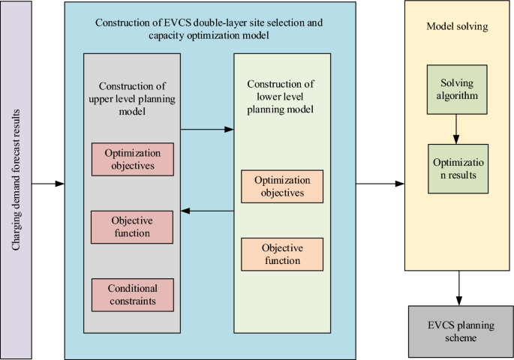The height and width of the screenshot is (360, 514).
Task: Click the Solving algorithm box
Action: tap(457, 91)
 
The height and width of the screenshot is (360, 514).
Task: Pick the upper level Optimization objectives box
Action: tap(131, 158)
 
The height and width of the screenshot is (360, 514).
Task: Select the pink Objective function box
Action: tap(131, 227)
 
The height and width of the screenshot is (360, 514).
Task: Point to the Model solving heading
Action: tap(456, 26)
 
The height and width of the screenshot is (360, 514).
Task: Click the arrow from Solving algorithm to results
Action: tap(457, 129)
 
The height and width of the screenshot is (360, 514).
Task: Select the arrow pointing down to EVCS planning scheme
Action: tap(457, 287)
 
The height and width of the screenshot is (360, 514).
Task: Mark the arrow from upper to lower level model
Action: tap(207, 129)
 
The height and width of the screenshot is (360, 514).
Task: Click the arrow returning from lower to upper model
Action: tap(207, 212)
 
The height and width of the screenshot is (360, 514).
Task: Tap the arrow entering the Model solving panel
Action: tap(380, 182)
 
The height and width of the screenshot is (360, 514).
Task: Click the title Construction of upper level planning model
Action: tap(131, 97)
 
